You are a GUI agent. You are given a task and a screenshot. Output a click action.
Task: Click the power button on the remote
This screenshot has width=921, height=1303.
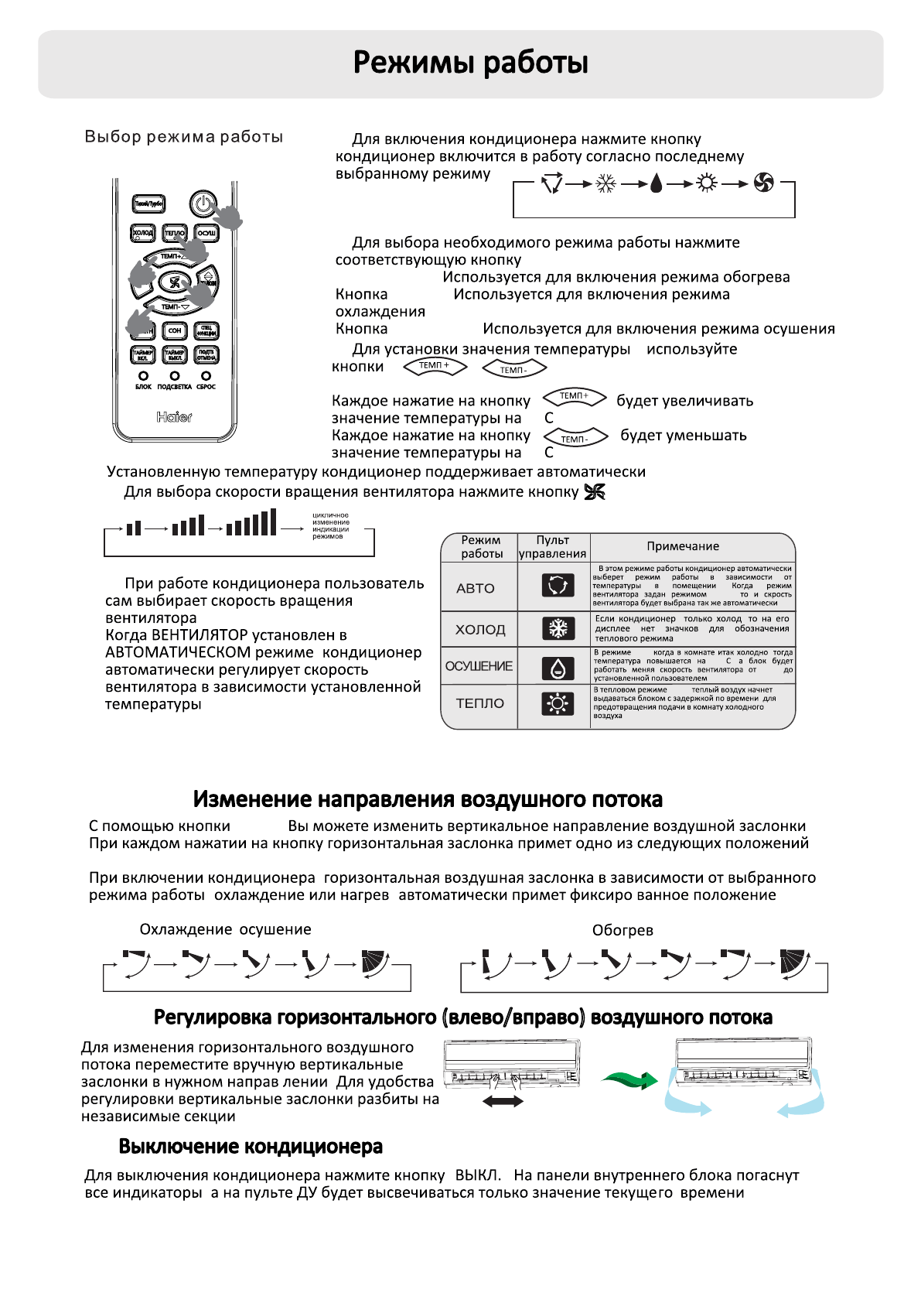(x=202, y=204)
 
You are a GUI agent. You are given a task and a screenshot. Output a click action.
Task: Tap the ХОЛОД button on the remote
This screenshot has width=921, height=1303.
(x=143, y=233)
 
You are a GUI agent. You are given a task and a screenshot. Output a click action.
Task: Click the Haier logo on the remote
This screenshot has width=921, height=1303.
(x=174, y=417)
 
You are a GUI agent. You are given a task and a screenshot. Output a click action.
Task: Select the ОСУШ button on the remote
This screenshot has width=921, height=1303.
(x=206, y=233)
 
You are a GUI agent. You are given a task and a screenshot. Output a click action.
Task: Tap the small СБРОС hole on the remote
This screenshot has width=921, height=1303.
(x=206, y=376)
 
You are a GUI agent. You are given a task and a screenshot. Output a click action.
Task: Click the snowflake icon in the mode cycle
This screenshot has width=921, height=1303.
(x=605, y=184)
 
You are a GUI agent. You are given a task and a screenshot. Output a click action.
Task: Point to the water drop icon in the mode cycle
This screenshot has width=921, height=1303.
(x=656, y=184)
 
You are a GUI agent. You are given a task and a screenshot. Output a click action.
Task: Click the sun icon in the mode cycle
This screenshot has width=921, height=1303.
(x=706, y=184)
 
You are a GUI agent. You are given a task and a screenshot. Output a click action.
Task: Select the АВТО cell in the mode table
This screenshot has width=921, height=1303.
(x=476, y=588)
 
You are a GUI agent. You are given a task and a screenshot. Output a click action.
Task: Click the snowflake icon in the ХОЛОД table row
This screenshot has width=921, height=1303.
(x=558, y=629)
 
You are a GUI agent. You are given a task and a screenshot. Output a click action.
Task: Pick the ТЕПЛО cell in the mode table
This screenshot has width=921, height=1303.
(x=479, y=703)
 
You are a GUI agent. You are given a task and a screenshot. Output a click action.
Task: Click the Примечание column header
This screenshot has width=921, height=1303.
(x=683, y=546)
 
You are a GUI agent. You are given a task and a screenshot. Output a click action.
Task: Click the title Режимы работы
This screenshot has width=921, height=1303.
(x=470, y=63)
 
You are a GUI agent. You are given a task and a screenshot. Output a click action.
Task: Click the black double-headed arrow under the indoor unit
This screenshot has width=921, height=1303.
(x=503, y=1102)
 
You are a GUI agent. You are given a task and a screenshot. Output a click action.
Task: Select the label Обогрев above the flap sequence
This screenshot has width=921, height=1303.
(x=623, y=930)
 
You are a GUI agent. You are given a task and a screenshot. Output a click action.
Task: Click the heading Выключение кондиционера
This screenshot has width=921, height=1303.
(x=251, y=1146)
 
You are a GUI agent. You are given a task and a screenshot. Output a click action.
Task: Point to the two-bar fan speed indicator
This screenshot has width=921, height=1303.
(x=134, y=528)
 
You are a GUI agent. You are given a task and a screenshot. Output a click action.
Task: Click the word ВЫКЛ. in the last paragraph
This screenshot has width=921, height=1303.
(x=477, y=1175)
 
